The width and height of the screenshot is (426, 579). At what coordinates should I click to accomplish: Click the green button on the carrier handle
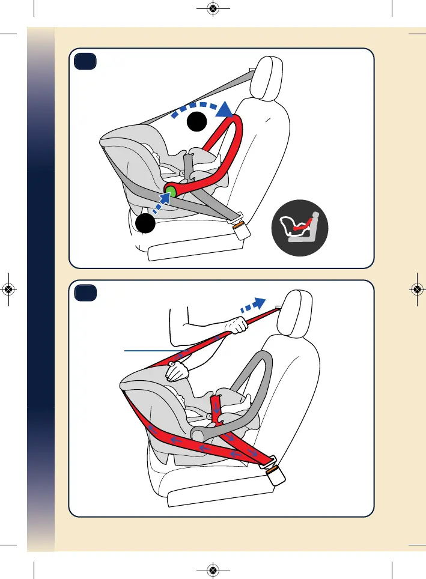[170, 192]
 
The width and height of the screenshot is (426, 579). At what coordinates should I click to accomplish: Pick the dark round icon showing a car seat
[299, 229]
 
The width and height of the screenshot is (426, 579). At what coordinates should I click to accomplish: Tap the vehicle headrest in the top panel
[270, 76]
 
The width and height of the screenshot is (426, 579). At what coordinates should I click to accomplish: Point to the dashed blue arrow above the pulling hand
[252, 303]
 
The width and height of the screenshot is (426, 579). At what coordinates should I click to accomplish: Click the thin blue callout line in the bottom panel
[154, 349]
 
